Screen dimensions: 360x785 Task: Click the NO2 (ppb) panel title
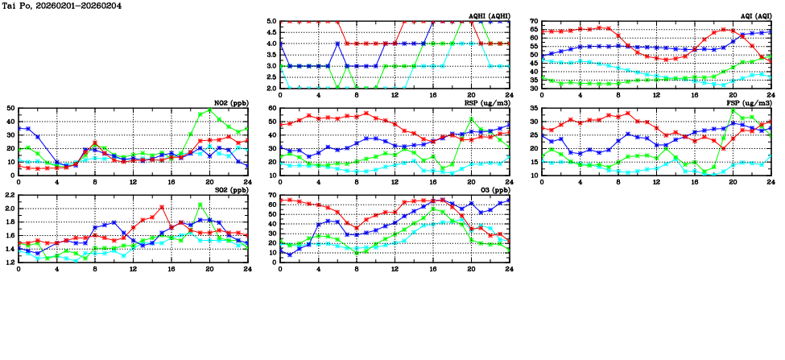229,103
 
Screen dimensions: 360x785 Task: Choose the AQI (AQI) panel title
754,16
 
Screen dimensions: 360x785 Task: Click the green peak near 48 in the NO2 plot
209,110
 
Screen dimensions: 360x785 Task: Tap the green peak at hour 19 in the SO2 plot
200,205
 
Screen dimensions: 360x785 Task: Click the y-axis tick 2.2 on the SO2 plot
10,195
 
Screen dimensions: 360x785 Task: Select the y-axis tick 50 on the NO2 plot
10,108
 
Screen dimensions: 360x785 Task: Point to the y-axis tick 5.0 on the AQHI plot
271,22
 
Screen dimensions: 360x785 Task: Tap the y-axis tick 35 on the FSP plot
534,108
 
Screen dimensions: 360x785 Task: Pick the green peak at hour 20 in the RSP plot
472,120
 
